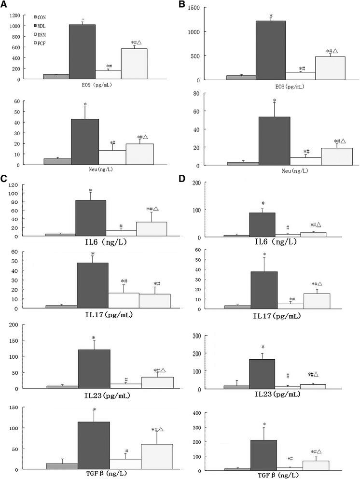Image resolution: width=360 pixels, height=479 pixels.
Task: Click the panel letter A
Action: (4, 5)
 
